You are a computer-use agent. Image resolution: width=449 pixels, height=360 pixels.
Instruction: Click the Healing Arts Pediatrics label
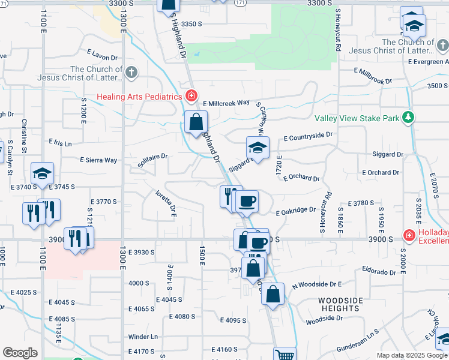(140, 97)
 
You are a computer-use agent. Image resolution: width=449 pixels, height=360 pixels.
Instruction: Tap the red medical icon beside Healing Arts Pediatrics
(191, 96)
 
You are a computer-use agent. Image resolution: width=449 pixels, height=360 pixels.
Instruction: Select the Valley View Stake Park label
(357, 118)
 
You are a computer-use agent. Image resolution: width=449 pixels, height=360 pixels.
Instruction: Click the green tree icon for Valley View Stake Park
(409, 116)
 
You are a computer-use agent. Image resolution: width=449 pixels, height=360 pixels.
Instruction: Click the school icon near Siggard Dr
(258, 148)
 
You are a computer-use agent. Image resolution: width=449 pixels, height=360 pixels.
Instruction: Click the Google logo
(20, 353)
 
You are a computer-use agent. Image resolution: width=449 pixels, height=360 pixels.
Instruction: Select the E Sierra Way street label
(98, 160)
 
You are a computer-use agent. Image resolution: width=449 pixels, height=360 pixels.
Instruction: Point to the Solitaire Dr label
(152, 160)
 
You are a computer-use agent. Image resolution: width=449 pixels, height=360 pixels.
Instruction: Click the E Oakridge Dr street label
(296, 211)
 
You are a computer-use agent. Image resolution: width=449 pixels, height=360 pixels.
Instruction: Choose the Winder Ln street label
(143, 337)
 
